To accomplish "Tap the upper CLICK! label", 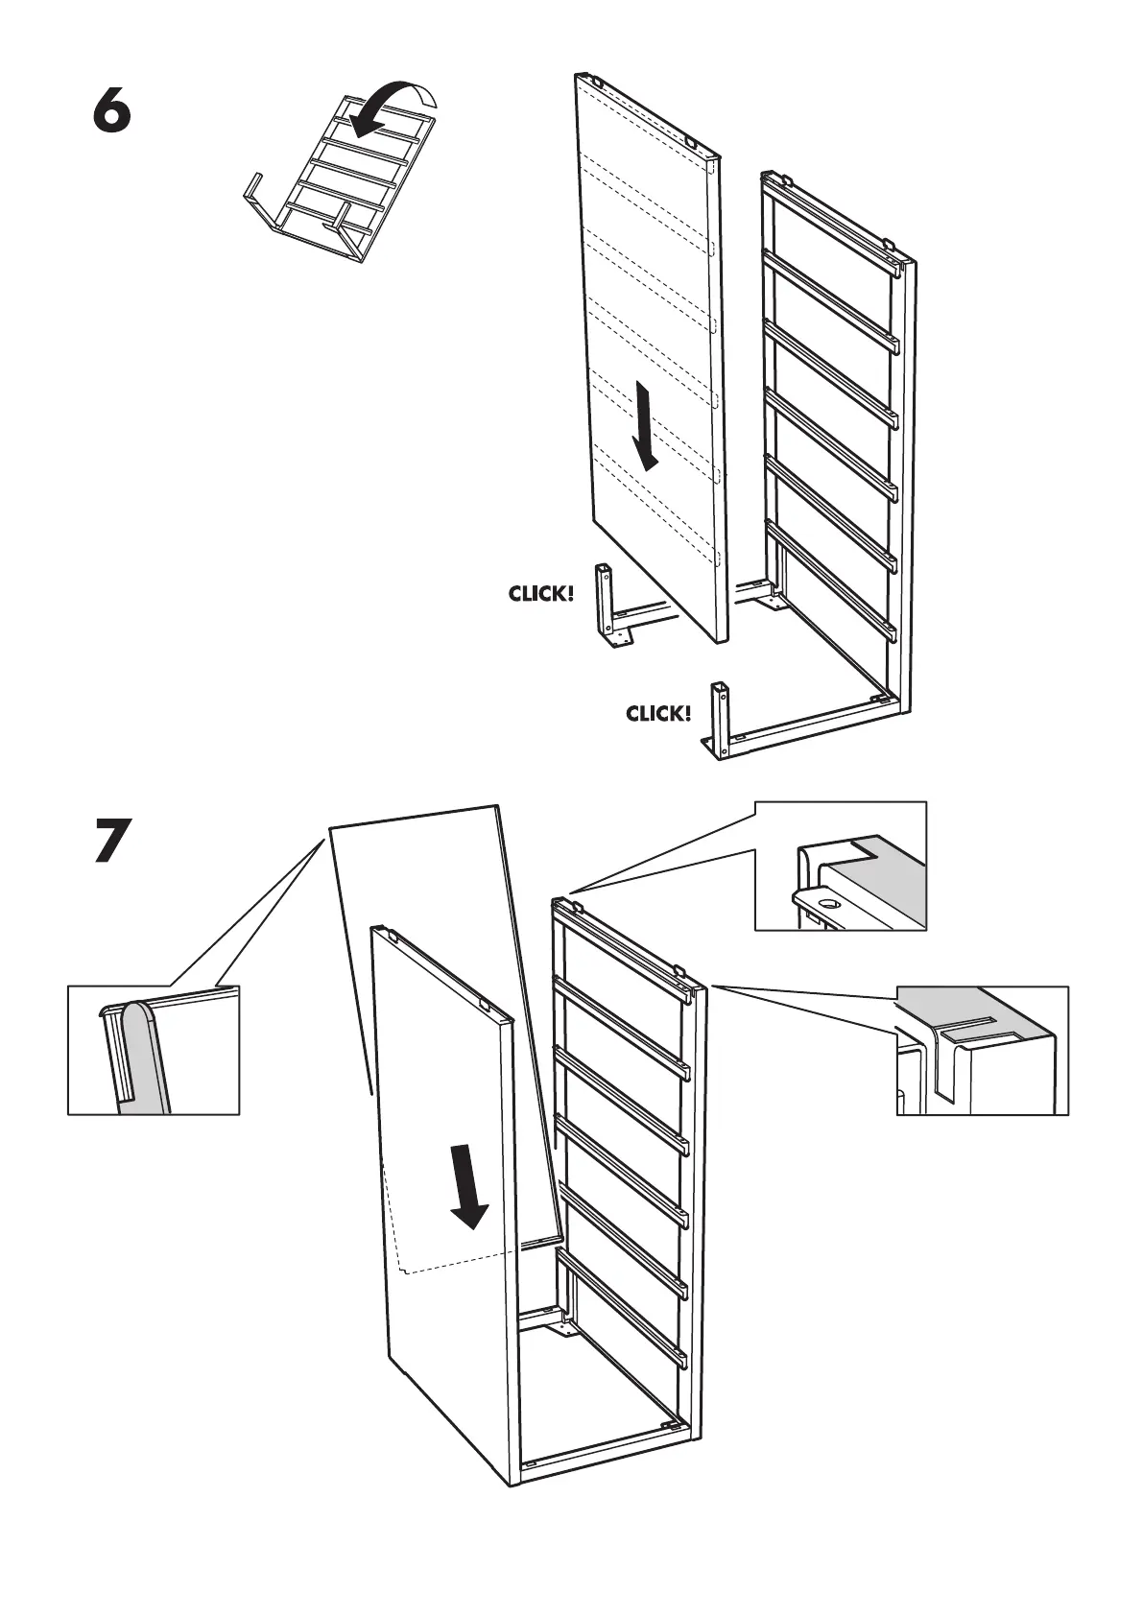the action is (541, 594).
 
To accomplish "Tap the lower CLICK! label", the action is (658, 714).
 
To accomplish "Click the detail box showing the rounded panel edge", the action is (154, 1050).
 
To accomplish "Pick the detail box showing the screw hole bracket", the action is (841, 866).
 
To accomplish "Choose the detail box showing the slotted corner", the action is (982, 1050).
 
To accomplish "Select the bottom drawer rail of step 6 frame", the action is (831, 576).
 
